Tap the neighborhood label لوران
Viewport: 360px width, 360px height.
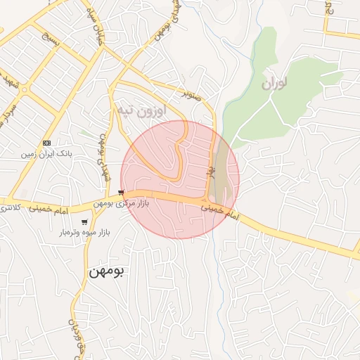[x=275, y=84]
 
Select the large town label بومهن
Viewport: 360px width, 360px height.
[x=106, y=271]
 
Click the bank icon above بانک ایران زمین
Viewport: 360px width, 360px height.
[x=46, y=142]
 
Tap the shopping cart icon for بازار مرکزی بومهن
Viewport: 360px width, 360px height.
[x=122, y=193]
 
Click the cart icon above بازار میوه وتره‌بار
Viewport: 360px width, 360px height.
[x=84, y=222]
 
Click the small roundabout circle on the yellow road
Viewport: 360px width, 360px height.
[x=25, y=90]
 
